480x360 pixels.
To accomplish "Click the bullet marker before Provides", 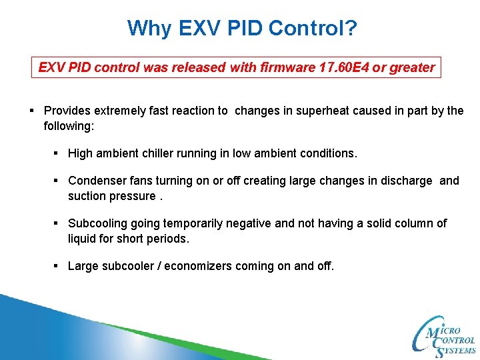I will [32, 111].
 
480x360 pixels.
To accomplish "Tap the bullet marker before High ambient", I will [57, 153].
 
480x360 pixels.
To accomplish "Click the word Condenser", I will [96, 181].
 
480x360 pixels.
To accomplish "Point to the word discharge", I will [406, 181].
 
